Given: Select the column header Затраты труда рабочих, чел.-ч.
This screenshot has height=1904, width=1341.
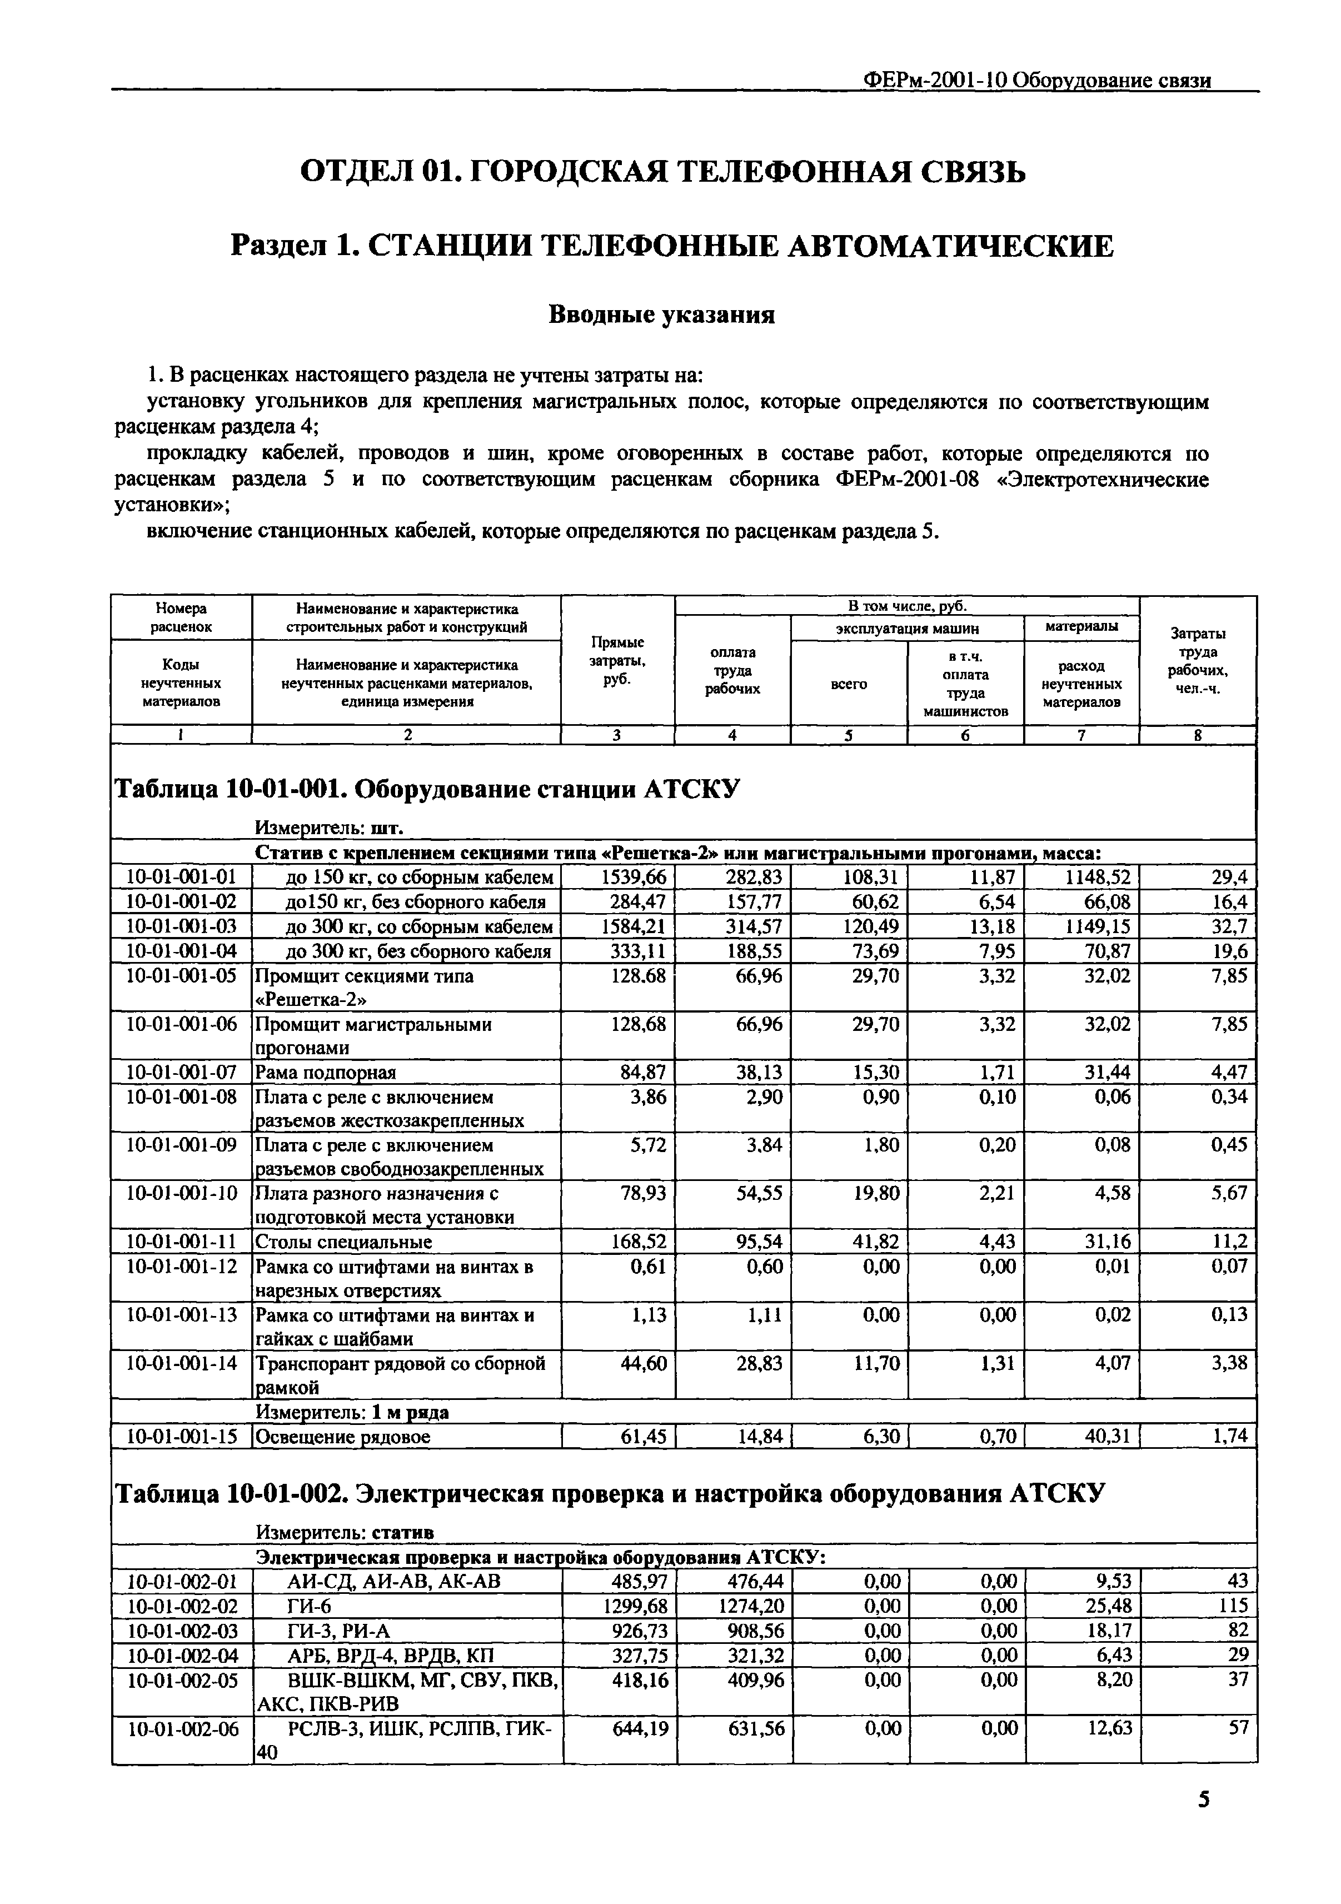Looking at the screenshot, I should pyautogui.click(x=1198, y=660).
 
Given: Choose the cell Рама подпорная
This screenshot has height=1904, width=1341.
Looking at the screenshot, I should pyautogui.click(x=325, y=1072).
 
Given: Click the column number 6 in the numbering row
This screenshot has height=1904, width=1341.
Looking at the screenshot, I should pyautogui.click(x=965, y=735).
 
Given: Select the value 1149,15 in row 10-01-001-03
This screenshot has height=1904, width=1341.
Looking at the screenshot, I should pyautogui.click(x=1097, y=925).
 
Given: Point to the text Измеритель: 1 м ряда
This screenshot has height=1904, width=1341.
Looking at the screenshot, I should pyautogui.click(x=352, y=1412).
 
